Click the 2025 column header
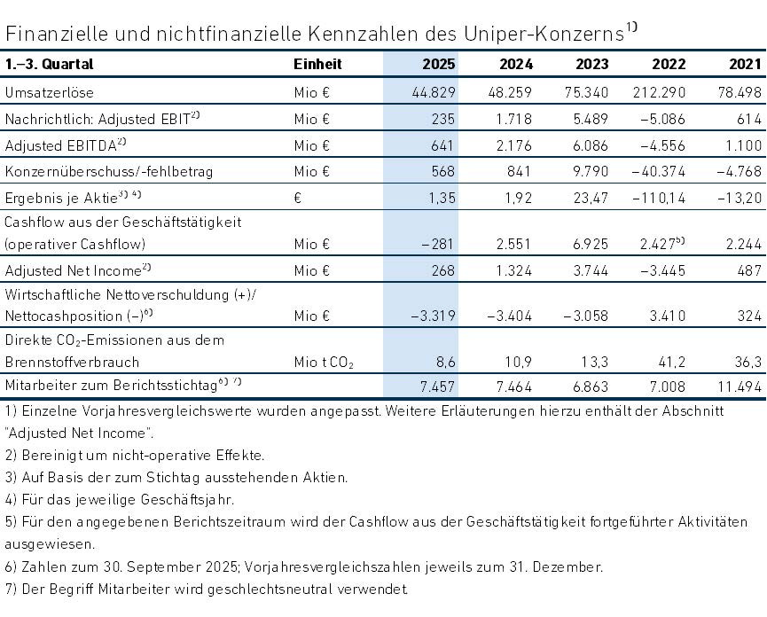tap(439, 64)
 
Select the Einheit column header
tap(317, 64)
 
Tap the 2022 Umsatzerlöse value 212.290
tap(659, 92)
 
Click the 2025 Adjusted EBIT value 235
tap(442, 119)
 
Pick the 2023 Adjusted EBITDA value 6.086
tap(591, 145)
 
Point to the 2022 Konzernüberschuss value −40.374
tap(659, 172)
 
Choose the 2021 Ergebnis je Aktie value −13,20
tap(740, 198)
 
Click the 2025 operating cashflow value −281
tap(438, 244)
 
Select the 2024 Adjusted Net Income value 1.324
tap(513, 270)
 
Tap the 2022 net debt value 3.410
tap(667, 316)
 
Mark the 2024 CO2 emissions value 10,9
tap(518, 363)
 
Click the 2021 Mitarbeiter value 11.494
tap(740, 387)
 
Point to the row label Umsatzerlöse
tap(50, 92)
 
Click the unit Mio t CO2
tap(324, 363)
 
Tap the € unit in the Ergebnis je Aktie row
tap(298, 198)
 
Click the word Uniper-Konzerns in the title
tap(550, 33)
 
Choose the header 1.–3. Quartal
tap(49, 64)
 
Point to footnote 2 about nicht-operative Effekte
tap(135, 455)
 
